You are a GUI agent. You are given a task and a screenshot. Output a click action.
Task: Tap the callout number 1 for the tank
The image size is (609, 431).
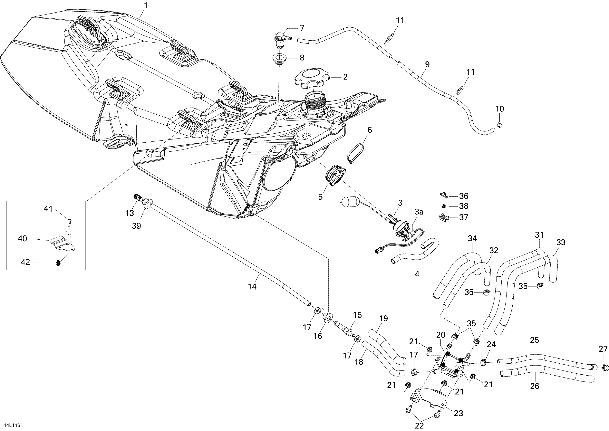[146, 5]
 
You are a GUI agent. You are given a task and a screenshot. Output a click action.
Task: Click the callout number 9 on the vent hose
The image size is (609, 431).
[427, 64]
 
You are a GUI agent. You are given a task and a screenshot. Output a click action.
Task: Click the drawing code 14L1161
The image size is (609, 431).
[13, 425]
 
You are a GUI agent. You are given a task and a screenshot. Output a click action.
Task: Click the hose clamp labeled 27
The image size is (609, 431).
[604, 367]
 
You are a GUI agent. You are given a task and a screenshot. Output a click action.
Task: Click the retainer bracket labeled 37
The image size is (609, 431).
[443, 217]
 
